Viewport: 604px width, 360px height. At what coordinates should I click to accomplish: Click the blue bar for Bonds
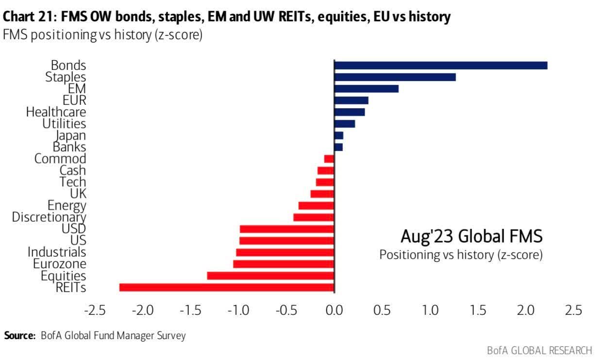[x=441, y=65]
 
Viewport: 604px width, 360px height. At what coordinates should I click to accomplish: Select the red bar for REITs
[x=227, y=288]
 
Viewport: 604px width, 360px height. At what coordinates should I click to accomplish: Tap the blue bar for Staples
[x=395, y=77]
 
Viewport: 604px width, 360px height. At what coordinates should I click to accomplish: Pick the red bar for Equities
[x=270, y=276]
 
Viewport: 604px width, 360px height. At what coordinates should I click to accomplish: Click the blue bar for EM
[x=366, y=89]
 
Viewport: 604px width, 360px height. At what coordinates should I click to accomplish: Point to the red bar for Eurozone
[x=284, y=264]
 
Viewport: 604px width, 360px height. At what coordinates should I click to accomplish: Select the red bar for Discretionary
[x=314, y=217]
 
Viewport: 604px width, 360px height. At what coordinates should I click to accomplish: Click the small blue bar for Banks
[x=338, y=147]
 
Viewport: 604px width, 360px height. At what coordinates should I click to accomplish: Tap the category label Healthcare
[x=56, y=112]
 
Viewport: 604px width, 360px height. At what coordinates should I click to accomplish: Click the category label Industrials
[x=57, y=252]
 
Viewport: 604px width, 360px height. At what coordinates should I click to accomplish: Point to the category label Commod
[x=60, y=159]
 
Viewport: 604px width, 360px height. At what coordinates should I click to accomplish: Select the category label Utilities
[x=64, y=124]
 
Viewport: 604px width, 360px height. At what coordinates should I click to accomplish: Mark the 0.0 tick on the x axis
[x=334, y=310]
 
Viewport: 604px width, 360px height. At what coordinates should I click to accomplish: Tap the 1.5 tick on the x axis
[x=478, y=310]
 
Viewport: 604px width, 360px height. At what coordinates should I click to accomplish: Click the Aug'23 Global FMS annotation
[x=471, y=237]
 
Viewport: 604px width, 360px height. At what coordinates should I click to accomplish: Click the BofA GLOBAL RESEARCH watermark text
[x=539, y=350]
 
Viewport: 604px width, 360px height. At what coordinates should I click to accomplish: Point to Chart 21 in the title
[x=29, y=17]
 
